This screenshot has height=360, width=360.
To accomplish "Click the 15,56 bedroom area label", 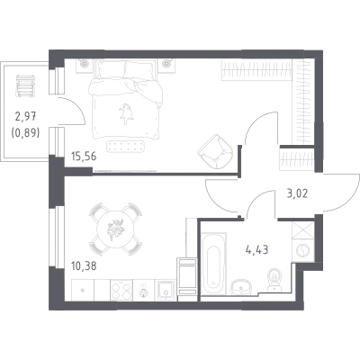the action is (x=84, y=157).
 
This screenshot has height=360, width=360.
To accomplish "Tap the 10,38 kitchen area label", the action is (x=84, y=265).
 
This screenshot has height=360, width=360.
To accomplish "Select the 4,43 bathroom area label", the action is (x=256, y=249).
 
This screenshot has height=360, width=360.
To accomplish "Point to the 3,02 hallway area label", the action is (x=297, y=193).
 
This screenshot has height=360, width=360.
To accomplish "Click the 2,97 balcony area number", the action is (x=25, y=116).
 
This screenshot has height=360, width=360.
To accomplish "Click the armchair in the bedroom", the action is (x=215, y=151).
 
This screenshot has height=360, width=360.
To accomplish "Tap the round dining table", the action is (x=115, y=229).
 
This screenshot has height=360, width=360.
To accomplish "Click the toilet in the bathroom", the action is (x=274, y=280).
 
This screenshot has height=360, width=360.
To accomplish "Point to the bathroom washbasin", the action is (x=242, y=287).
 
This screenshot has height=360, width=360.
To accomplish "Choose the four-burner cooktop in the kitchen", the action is (x=121, y=290).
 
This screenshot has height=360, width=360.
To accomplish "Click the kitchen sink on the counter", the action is (x=165, y=290).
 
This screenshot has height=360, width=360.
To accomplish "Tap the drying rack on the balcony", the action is (x=26, y=85).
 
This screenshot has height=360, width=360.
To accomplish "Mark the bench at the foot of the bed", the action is (x=126, y=147).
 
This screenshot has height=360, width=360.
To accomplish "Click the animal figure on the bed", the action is (x=126, y=113).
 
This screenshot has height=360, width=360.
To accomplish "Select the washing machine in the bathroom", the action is (x=303, y=249).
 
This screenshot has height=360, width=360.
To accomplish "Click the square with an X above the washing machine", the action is (x=303, y=230).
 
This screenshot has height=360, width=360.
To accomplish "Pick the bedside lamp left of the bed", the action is (x=84, y=63).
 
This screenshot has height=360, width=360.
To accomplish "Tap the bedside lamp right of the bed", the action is (x=166, y=63).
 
